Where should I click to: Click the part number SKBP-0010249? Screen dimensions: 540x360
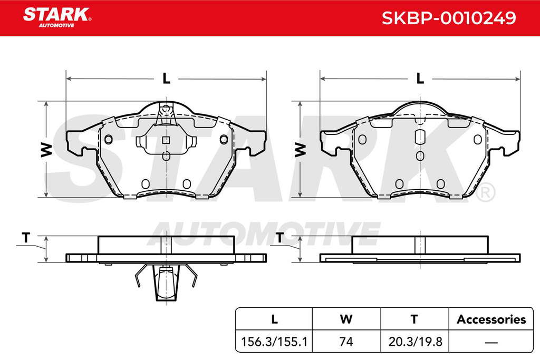point(449,18)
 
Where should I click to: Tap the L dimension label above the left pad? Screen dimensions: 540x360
point(166,79)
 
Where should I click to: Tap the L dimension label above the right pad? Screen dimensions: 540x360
point(420,79)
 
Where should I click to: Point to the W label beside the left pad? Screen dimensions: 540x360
point(46,150)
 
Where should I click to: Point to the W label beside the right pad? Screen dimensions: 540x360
point(300,150)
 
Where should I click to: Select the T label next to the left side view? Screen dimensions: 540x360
point(26,238)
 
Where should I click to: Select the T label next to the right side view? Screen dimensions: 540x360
point(280,238)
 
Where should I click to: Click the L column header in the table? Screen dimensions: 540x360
point(274,319)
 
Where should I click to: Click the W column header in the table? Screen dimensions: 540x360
point(346,319)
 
